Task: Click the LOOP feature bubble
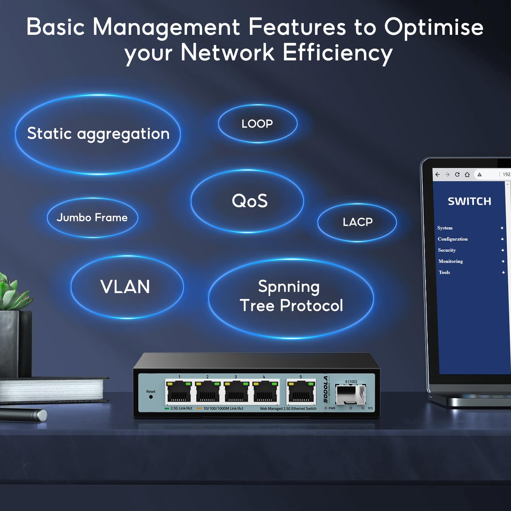(257, 124)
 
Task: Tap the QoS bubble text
(249, 201)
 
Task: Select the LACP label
(357, 222)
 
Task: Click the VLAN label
(125, 286)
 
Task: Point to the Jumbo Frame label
(92, 217)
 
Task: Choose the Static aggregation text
(98, 133)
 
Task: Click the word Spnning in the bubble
(289, 286)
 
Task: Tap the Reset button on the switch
(151, 397)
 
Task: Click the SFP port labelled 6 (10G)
(350, 394)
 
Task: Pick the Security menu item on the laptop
(447, 250)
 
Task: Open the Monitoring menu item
(450, 261)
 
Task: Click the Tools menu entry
(444, 272)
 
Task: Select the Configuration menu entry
(453, 239)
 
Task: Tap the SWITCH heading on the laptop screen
(469, 201)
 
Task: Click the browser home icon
(467, 174)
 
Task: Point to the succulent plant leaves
(11, 292)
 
